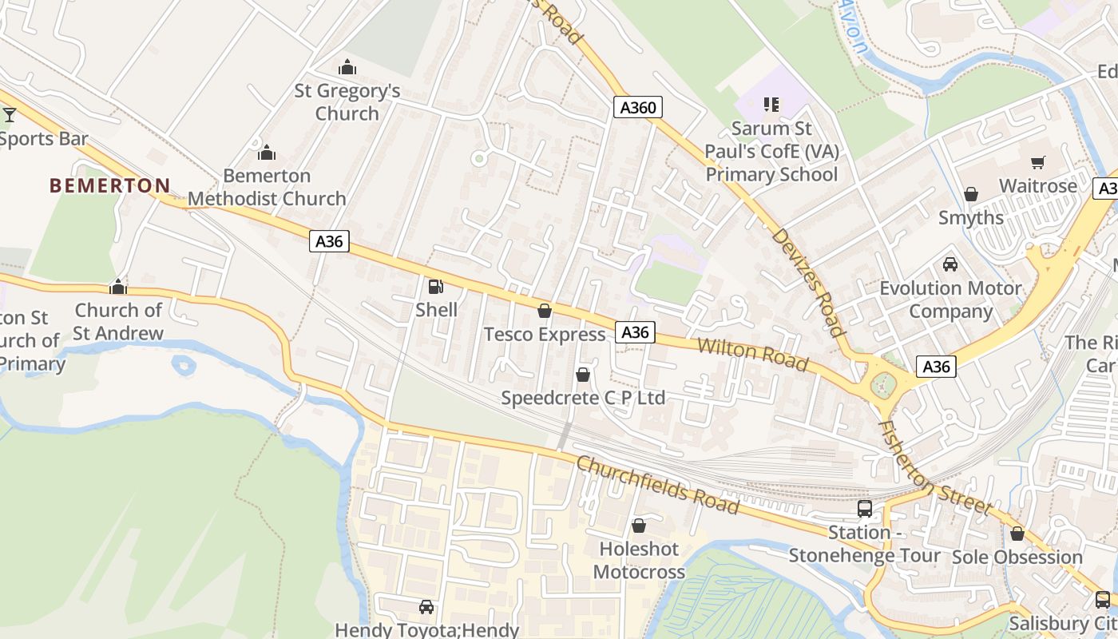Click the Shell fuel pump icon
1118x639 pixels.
(435, 287)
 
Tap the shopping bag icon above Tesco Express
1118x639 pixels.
(545, 311)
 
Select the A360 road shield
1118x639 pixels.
(638, 107)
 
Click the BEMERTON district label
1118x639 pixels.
(110, 186)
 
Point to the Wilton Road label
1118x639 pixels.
(753, 354)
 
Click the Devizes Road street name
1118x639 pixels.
(808, 282)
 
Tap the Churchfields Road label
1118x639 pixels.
(657, 484)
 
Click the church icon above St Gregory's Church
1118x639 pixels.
(347, 67)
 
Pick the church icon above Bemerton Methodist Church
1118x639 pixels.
(267, 152)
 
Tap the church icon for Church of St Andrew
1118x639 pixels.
(118, 287)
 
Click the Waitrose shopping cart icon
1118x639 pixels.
(1038, 163)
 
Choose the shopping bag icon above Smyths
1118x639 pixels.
(971, 194)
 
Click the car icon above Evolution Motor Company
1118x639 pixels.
(950, 264)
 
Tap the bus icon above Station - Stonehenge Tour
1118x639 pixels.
(865, 509)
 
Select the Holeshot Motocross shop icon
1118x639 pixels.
(639, 526)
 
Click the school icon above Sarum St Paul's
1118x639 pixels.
(771, 104)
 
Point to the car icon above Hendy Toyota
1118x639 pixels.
(426, 607)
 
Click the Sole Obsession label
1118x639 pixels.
(1017, 557)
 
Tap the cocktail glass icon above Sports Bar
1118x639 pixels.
(10, 115)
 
